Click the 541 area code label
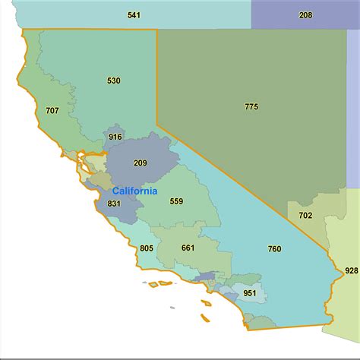pyautogui.click(x=134, y=15)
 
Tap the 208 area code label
pyautogui.click(x=305, y=15)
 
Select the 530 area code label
pyautogui.click(x=114, y=81)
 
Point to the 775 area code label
pyautogui.click(x=251, y=106)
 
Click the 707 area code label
pyautogui.click(x=52, y=111)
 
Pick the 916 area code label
pyautogui.click(x=115, y=137)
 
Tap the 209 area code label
pyautogui.click(x=141, y=163)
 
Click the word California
pyautogui.click(x=134, y=191)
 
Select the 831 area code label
pyautogui.click(x=114, y=204)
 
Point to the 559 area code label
pyautogui.click(x=176, y=201)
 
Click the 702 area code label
pyautogui.click(x=305, y=216)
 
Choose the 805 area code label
pyautogui.click(x=147, y=248)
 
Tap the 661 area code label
pyautogui.click(x=188, y=248)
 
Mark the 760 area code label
pyautogui.click(x=274, y=248)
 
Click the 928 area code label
pyautogui.click(x=351, y=271)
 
